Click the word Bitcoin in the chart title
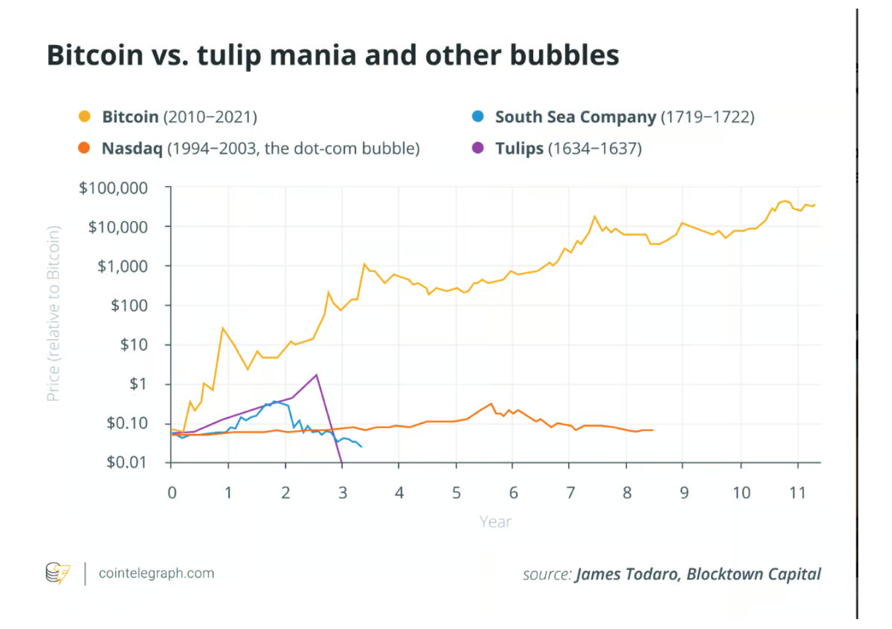(x=94, y=55)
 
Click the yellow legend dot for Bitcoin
(x=84, y=117)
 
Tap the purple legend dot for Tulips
(x=478, y=148)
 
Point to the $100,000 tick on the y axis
(x=113, y=188)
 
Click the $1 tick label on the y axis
(x=138, y=384)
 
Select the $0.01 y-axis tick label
(x=126, y=462)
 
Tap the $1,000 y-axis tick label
(x=122, y=266)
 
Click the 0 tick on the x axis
(x=172, y=493)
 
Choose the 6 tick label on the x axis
(x=513, y=493)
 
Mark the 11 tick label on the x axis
(x=798, y=493)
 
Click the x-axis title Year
(x=495, y=522)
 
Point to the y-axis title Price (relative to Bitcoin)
(x=54, y=313)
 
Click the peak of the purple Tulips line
(x=316, y=375)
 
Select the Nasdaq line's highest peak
(x=491, y=404)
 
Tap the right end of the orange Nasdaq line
(x=653, y=430)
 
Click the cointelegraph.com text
(x=156, y=573)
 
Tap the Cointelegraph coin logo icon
(x=57, y=573)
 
